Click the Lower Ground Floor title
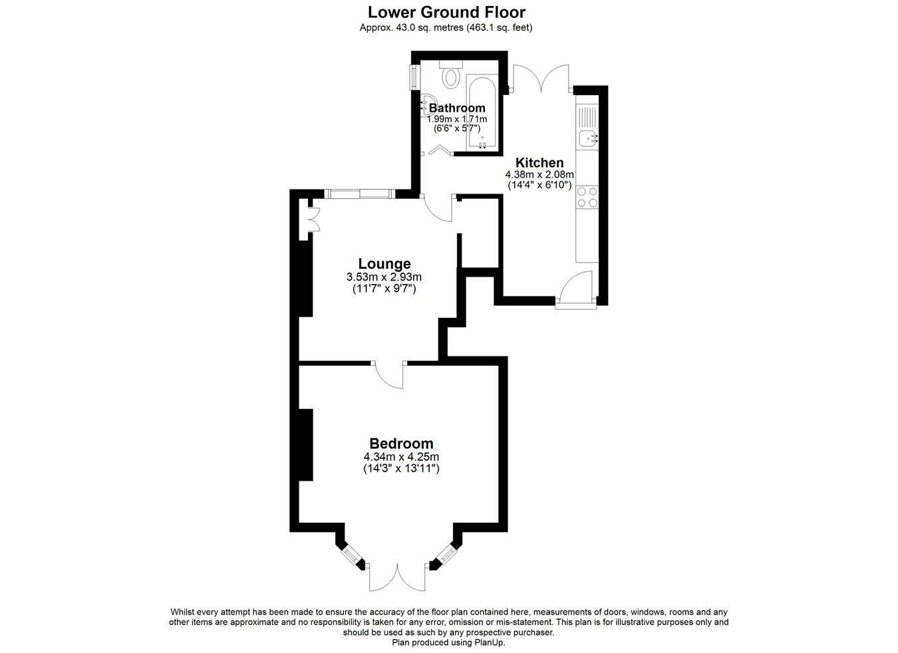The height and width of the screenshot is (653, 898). [x=446, y=13]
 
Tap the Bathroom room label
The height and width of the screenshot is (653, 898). [x=456, y=108]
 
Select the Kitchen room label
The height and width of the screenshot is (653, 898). [x=539, y=163]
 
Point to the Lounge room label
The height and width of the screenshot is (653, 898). [x=384, y=264]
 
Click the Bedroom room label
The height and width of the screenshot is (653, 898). [x=401, y=444]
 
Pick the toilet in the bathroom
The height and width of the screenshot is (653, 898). [x=451, y=74]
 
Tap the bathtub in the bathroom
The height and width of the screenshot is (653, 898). [x=482, y=112]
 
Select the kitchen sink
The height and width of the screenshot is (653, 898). [x=587, y=138]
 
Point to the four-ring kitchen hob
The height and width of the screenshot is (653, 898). [x=587, y=197]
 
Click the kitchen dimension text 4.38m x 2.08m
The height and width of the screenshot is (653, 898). [x=539, y=175]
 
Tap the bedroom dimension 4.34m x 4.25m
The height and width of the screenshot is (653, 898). [x=401, y=457]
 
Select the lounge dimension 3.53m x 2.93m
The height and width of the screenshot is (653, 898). [x=384, y=277]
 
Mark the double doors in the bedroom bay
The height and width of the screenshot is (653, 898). [x=397, y=577]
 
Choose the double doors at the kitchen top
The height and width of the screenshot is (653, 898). [x=541, y=78]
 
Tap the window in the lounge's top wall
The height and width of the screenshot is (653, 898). [x=360, y=194]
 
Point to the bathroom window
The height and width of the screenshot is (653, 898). [x=414, y=77]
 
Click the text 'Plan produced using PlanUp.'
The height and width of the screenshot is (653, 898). [x=448, y=642]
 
